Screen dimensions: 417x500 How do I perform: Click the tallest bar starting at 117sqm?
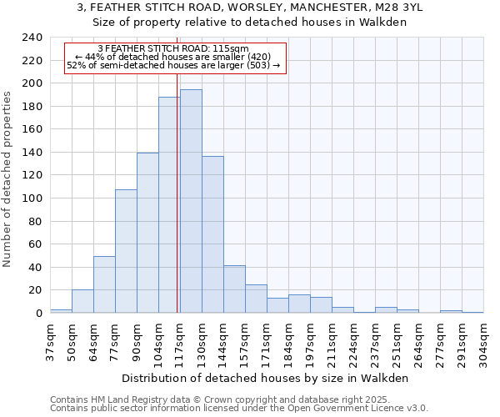tap(191, 201)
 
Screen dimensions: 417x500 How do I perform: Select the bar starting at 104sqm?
tap(169, 205)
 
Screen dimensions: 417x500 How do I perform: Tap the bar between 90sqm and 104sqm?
tap(147, 233)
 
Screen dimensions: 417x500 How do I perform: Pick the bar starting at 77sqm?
tap(126, 251)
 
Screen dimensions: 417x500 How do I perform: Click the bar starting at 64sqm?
tap(104, 284)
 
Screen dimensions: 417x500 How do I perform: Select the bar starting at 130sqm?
tap(212, 234)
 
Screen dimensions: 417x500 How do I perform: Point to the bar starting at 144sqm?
tap(234, 289)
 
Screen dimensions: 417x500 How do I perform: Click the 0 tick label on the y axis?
tap(38, 314)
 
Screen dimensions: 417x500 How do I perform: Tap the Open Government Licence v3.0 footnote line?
tap(239, 409)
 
